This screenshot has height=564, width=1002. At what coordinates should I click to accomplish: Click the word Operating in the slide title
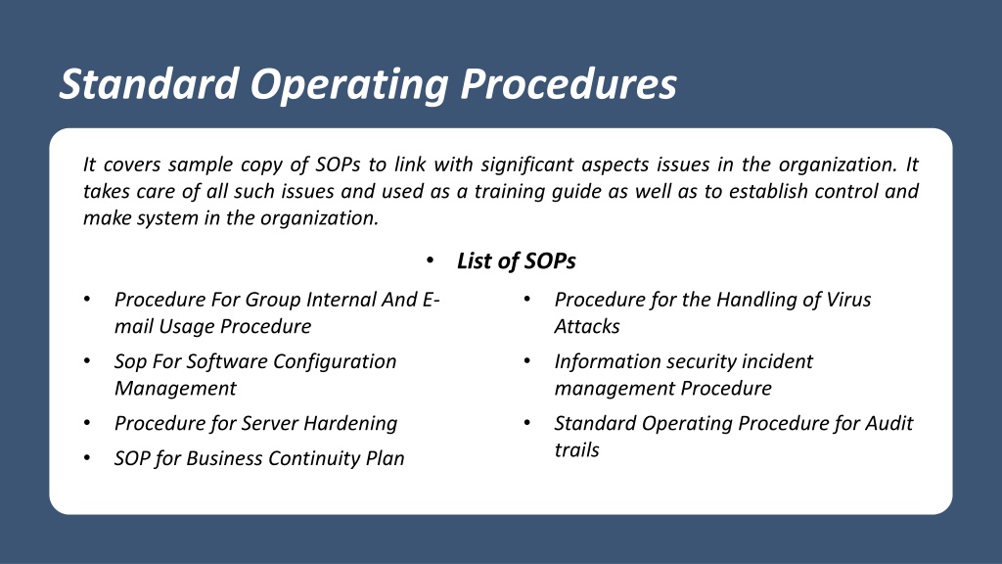click(x=349, y=85)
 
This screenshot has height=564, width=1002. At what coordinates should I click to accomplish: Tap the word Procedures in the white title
click(x=569, y=84)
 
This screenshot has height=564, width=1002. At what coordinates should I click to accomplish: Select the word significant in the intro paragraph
click(x=525, y=164)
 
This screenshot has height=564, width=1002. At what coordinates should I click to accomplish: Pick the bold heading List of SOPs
click(x=517, y=260)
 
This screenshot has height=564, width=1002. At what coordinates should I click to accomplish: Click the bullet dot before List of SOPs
click(x=430, y=260)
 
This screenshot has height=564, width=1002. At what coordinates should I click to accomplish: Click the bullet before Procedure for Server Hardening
click(x=87, y=423)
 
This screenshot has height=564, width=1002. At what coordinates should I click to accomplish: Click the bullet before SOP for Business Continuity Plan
click(x=87, y=458)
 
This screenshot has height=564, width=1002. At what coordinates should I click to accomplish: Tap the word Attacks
click(x=587, y=327)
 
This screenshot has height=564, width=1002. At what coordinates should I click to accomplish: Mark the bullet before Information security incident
click(x=527, y=361)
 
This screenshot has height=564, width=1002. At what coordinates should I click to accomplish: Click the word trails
click(x=576, y=450)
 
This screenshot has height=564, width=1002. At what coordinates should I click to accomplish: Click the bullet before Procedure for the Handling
click(x=527, y=300)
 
